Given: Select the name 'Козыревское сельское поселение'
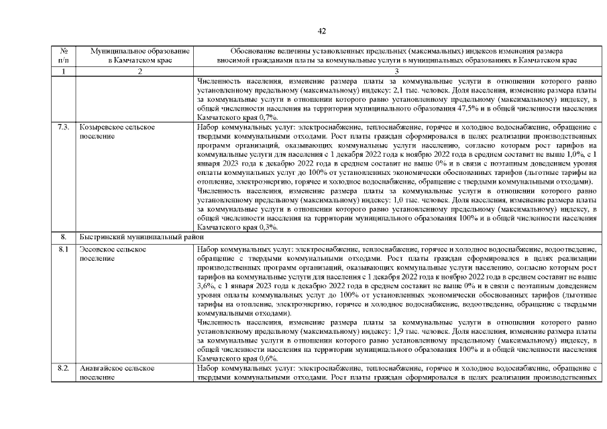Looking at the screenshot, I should pyautogui.click(x=117, y=131).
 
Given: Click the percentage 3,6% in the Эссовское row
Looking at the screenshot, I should pyautogui.click(x=207, y=285).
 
